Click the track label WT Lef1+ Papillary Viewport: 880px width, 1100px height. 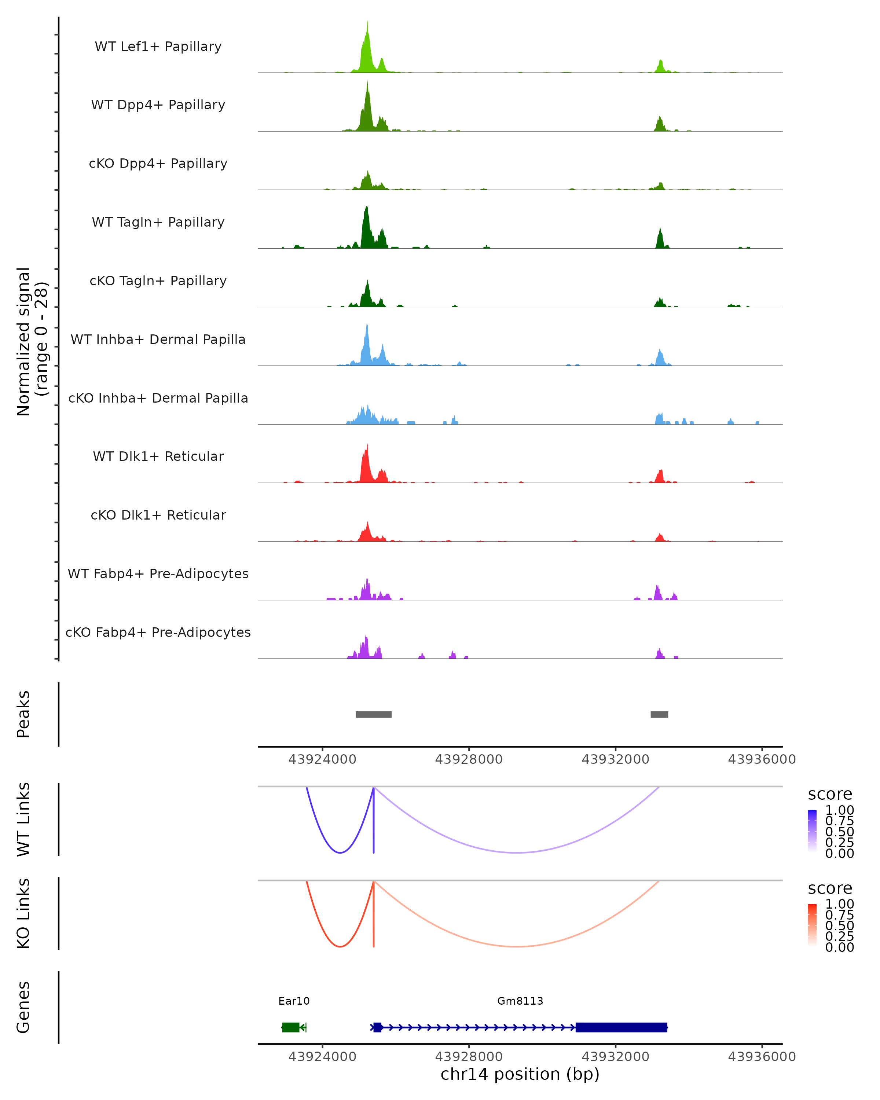pyautogui.click(x=158, y=47)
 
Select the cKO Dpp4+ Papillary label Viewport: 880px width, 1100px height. pyautogui.click(x=158, y=163)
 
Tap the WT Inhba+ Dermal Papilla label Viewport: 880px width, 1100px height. pyautogui.click(x=158, y=339)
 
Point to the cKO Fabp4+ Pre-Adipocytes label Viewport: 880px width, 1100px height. pyautogui.click(x=158, y=632)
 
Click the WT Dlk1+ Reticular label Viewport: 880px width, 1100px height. pyautogui.click(x=158, y=456)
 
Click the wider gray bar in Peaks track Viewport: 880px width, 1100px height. pyautogui.click(x=373, y=714)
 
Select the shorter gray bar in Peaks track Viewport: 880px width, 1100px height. pyautogui.click(x=659, y=714)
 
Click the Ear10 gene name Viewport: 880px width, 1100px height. pyautogui.click(x=294, y=1001)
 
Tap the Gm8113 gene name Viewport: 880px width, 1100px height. pyautogui.click(x=520, y=1001)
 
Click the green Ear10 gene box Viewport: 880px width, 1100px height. pyautogui.click(x=291, y=1027)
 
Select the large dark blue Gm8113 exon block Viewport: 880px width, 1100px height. pyautogui.click(x=621, y=1027)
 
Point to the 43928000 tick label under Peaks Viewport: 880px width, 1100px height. pyautogui.click(x=469, y=759)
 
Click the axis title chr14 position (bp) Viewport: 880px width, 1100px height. pyautogui.click(x=520, y=1074)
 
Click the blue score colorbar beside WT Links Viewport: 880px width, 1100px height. pyautogui.click(x=812, y=830)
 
